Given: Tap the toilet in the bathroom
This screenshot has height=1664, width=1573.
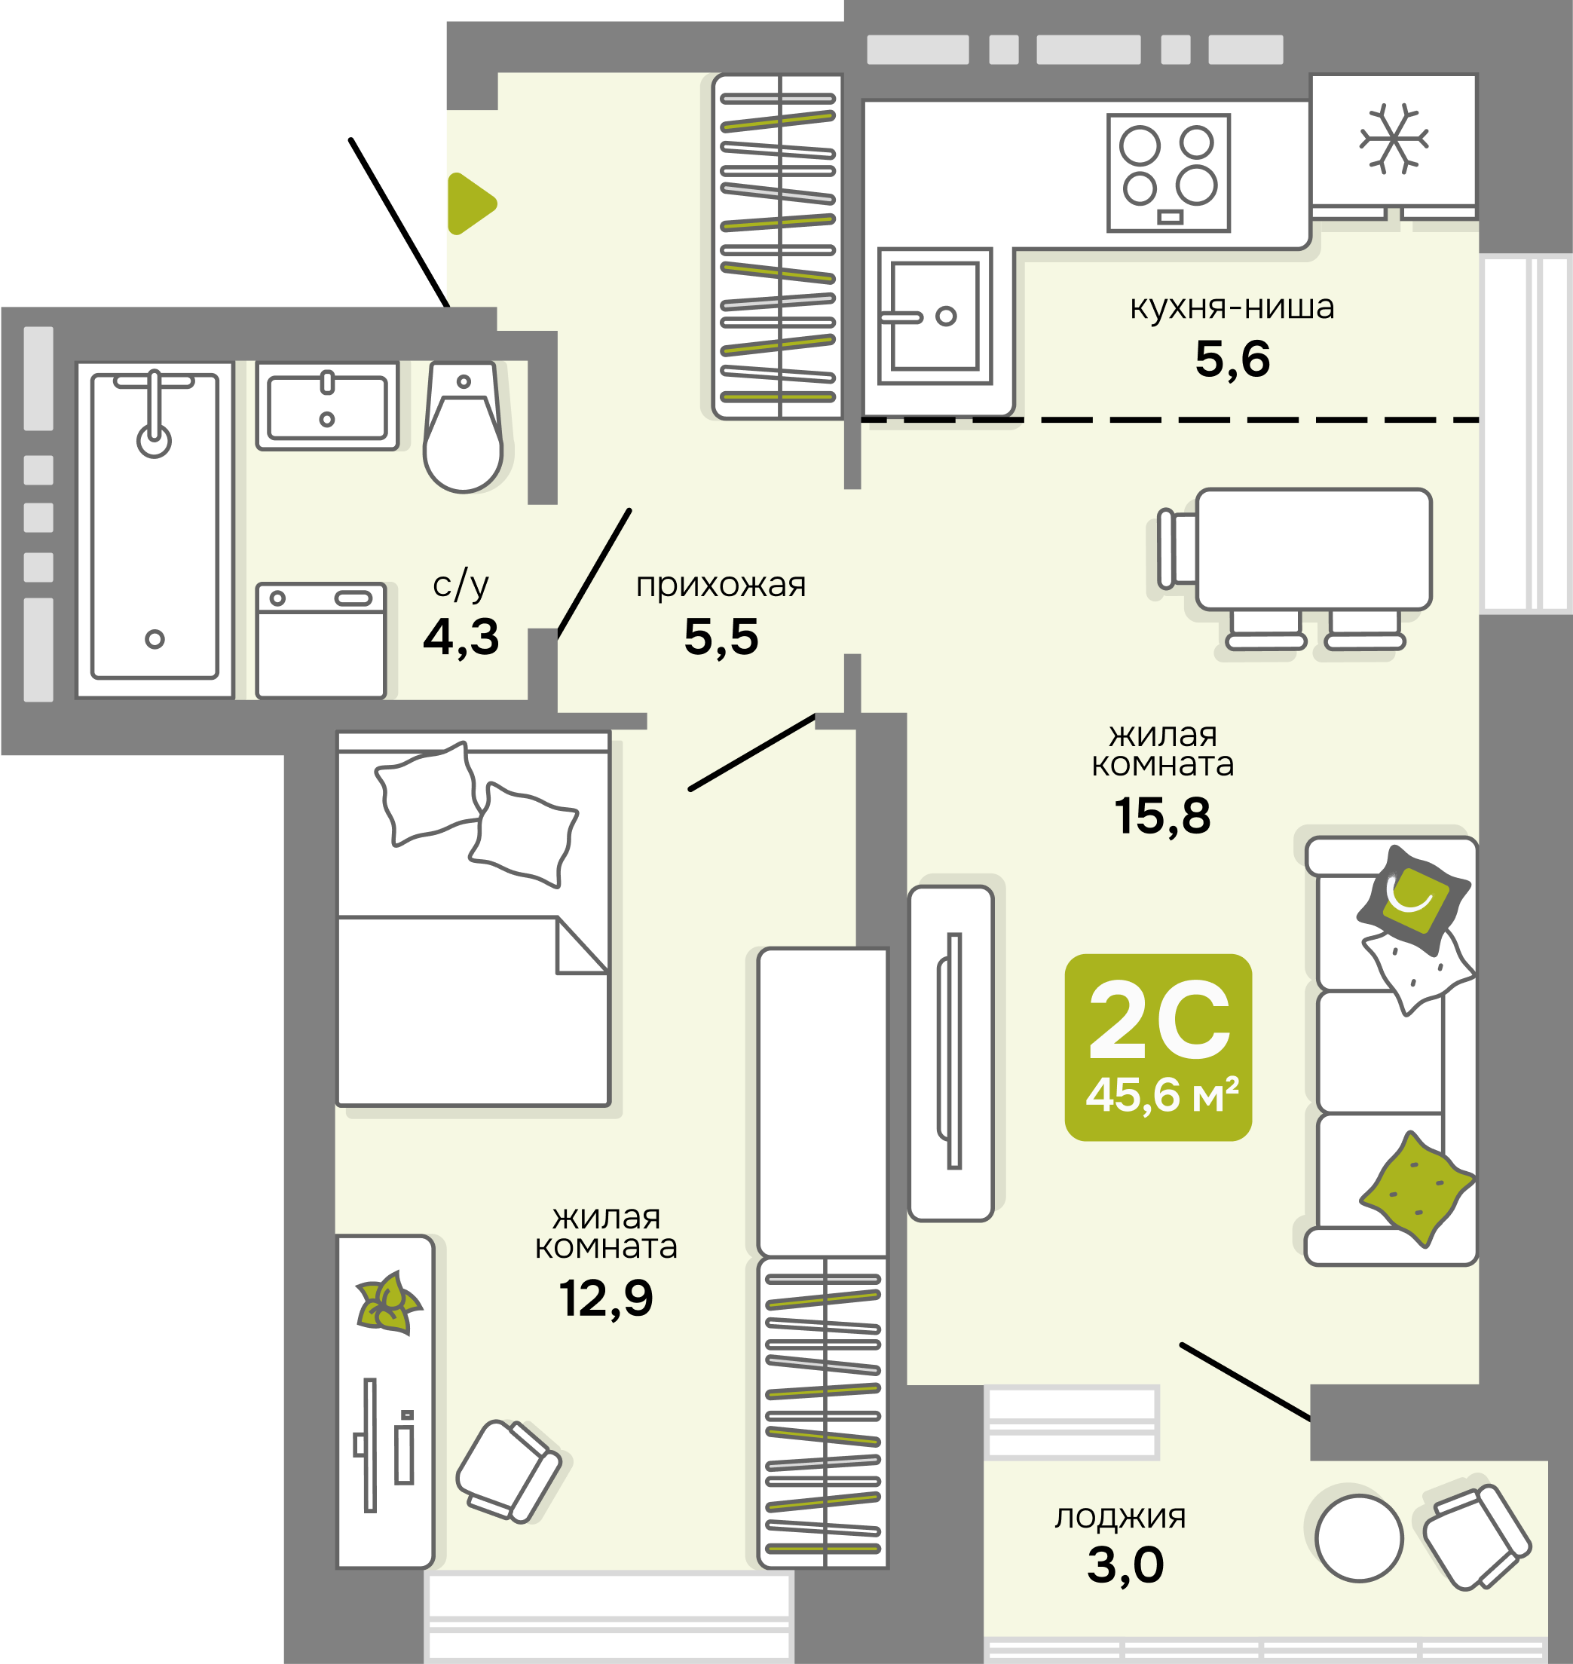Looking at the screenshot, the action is tap(464, 427).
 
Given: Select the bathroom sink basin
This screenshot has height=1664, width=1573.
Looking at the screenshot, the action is tap(327, 406).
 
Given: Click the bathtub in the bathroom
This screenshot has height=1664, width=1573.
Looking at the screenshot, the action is tap(155, 530).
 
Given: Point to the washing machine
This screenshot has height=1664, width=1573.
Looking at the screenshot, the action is tap(321, 641).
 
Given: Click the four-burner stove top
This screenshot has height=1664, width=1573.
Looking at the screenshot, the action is tap(1168, 173).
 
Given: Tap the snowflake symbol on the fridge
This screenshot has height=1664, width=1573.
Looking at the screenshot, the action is tap(1394, 139).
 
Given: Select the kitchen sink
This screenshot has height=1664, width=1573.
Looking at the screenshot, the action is tap(935, 316).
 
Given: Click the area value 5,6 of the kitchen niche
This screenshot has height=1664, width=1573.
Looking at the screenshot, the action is tap(1232, 359).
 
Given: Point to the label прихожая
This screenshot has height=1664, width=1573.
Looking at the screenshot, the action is tap(721, 585).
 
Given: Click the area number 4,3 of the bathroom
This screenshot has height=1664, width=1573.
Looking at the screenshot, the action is tap(461, 637).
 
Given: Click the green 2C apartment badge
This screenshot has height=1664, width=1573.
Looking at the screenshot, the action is tap(1158, 1048).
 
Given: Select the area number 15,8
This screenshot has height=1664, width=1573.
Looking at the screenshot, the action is tap(1162, 816).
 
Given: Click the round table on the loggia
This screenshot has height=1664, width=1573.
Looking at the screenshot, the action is tap(1359, 1538).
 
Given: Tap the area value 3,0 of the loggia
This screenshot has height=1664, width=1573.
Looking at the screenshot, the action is tap(1125, 1565).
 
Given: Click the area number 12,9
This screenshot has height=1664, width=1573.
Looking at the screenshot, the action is tap(605, 1298).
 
